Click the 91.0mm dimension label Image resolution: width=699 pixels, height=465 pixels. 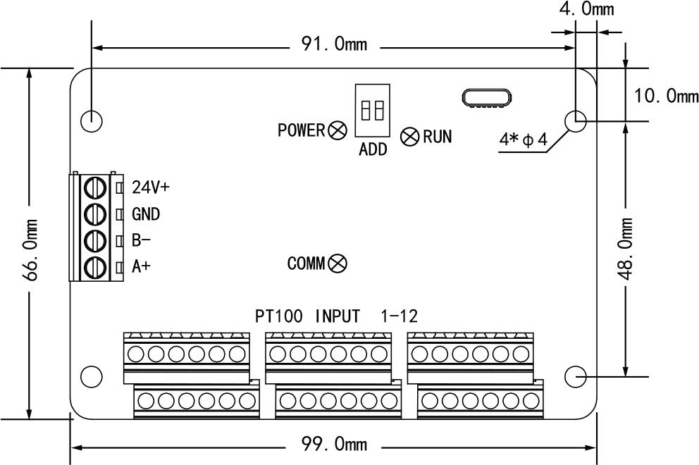tap(335, 44)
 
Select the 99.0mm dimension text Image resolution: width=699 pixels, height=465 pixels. tap(335, 445)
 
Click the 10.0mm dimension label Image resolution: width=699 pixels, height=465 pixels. tap(662, 95)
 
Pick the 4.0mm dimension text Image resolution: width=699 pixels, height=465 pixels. tap(586, 9)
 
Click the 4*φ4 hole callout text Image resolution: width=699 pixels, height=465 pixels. tap(523, 139)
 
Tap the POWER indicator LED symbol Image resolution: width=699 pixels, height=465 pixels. tap(338, 130)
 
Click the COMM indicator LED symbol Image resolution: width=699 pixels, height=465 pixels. tap(338, 263)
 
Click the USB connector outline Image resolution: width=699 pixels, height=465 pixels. tap(487, 98)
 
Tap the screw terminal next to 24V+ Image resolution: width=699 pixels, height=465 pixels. tap(95, 187)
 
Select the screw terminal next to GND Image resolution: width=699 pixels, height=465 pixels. tap(95, 213)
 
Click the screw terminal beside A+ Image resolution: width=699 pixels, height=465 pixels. tap(95, 267)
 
